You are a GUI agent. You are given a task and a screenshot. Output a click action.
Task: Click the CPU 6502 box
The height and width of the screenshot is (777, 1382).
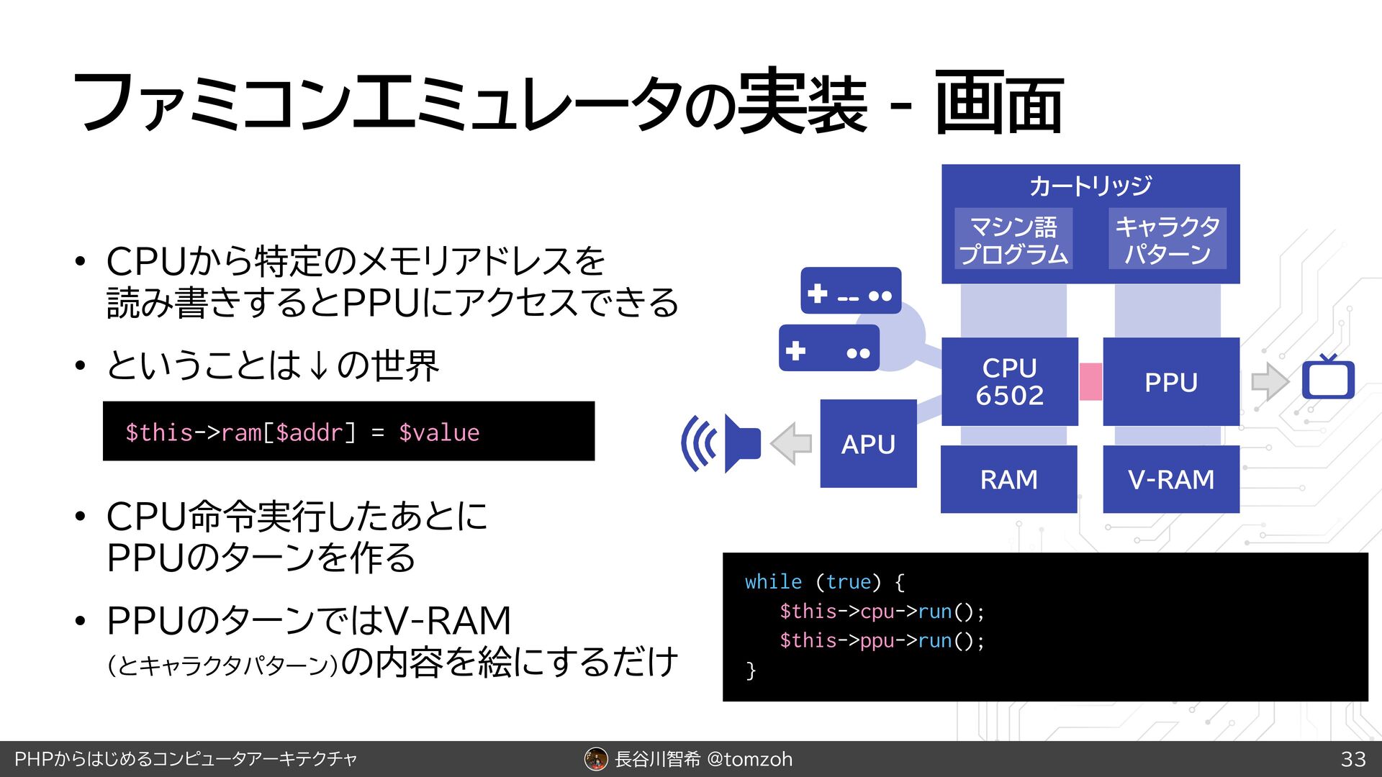click(1009, 381)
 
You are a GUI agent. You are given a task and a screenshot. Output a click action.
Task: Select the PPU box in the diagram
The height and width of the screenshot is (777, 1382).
click(1170, 381)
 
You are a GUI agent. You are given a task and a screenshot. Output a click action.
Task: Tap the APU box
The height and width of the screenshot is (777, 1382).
click(868, 444)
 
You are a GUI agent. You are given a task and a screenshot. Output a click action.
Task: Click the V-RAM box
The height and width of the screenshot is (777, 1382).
click(1170, 479)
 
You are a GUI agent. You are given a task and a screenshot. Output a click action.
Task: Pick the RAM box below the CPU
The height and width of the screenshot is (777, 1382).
click(1008, 479)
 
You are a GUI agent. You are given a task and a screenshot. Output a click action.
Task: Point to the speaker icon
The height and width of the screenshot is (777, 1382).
click(722, 443)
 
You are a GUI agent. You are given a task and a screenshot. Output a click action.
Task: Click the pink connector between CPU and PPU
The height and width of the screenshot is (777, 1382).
click(1090, 381)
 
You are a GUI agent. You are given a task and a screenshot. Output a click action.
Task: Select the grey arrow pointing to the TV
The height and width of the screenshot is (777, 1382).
click(1270, 381)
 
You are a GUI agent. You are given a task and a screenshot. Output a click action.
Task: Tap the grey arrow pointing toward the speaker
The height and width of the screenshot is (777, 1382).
click(791, 443)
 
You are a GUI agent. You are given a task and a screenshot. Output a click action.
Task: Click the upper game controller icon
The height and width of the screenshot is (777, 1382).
click(851, 291)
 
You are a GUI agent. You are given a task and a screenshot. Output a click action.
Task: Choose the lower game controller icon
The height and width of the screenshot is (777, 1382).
click(829, 348)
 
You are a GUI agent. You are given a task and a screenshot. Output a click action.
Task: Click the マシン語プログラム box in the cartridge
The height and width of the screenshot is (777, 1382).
click(1013, 239)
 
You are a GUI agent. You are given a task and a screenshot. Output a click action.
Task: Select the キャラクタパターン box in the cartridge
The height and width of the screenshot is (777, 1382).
click(1167, 239)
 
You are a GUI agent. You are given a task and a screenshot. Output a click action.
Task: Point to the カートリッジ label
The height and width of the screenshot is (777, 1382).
click(1090, 186)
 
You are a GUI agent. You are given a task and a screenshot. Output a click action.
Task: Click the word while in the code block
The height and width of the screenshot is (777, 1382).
click(773, 581)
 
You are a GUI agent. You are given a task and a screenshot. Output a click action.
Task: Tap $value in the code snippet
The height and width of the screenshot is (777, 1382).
click(439, 432)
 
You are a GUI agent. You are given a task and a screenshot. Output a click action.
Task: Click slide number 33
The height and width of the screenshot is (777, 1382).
click(1353, 759)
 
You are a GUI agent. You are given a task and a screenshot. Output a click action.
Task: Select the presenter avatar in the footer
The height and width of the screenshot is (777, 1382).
click(596, 759)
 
